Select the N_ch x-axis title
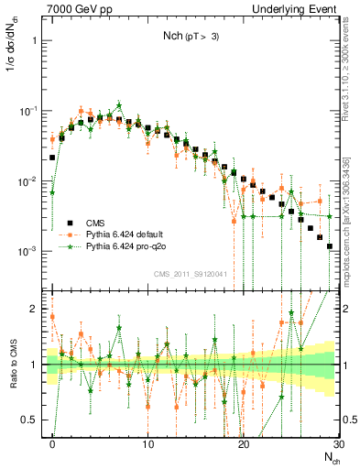coord(328,455)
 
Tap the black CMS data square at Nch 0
coord(52,158)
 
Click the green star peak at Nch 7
coord(119,105)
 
